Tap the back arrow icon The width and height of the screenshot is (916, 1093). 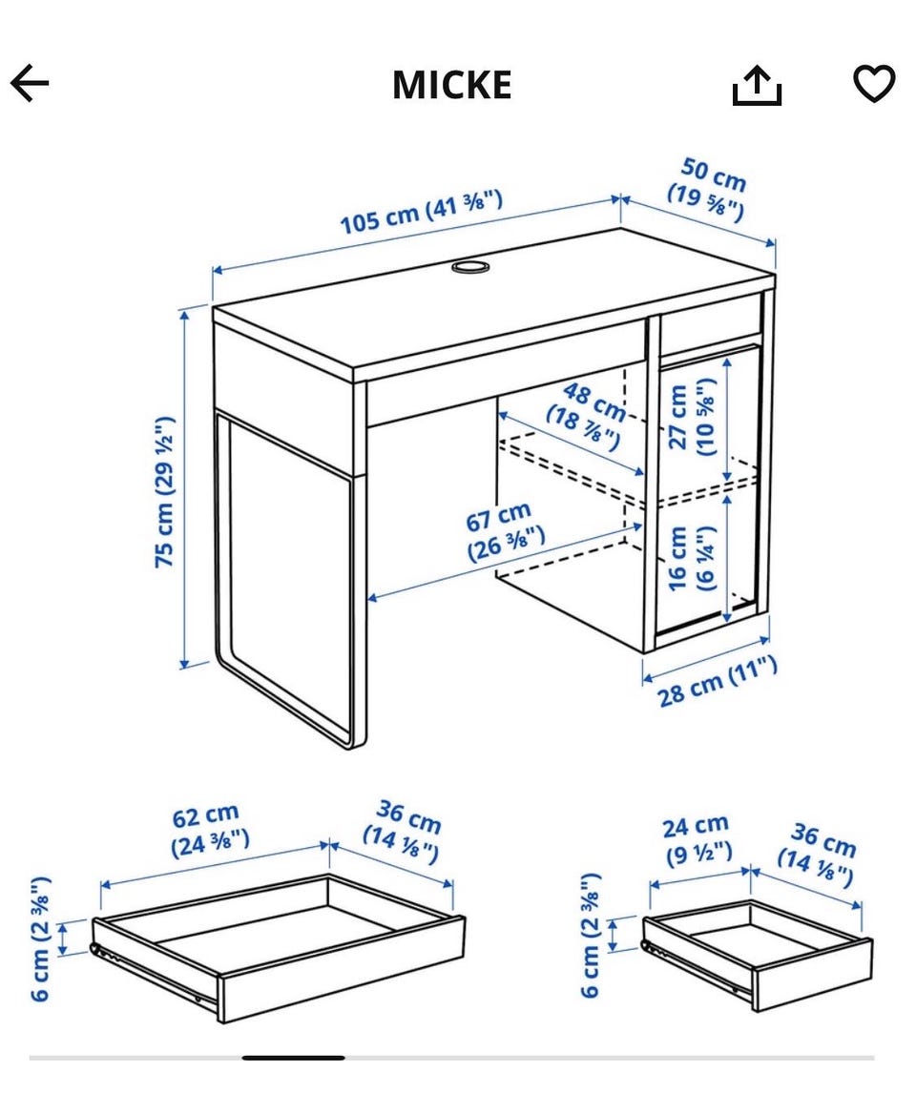pyautogui.click(x=30, y=83)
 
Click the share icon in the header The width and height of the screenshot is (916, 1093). pyautogui.click(x=757, y=85)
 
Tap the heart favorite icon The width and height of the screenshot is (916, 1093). pyautogui.click(x=874, y=83)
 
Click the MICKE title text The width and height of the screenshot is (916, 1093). pyautogui.click(x=451, y=85)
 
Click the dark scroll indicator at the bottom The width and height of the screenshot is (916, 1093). pyautogui.click(x=294, y=1058)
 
